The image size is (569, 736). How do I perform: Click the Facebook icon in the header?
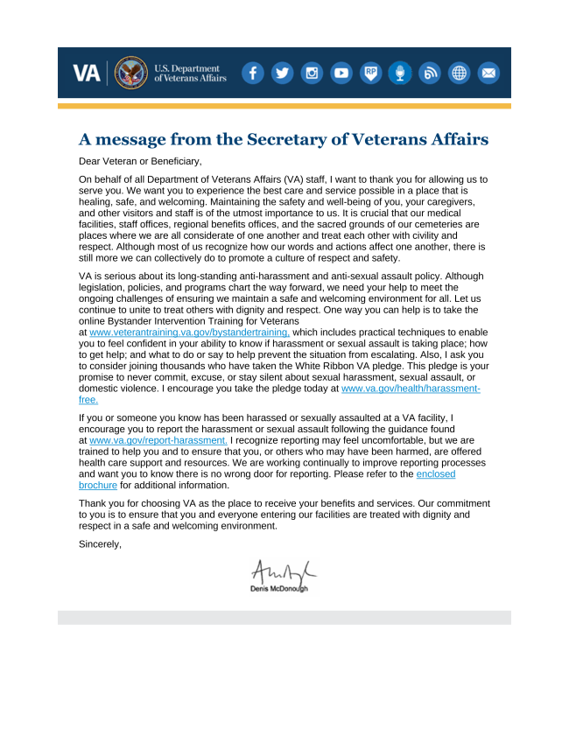(x=252, y=74)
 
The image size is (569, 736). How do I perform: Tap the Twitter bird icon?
(x=282, y=74)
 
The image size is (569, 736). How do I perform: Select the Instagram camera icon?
(x=312, y=74)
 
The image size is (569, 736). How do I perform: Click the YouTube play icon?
(x=341, y=74)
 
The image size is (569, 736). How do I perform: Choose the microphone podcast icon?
(x=400, y=74)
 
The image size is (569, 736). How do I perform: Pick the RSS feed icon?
(x=430, y=74)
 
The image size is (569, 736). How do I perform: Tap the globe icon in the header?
(x=460, y=74)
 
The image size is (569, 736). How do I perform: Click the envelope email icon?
(x=488, y=74)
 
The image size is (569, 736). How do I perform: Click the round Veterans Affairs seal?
(x=131, y=74)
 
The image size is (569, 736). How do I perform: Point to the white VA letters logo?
(x=86, y=74)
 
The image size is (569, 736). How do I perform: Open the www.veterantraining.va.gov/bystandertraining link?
(x=189, y=333)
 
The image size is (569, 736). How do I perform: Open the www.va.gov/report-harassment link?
(x=158, y=440)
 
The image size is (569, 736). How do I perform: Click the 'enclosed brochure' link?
(x=435, y=473)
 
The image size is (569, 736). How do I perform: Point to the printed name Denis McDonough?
(x=280, y=589)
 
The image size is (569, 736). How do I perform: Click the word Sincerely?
(x=100, y=544)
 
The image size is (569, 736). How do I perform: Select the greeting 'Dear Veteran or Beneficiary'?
(x=140, y=161)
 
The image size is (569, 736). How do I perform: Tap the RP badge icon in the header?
(x=371, y=74)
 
